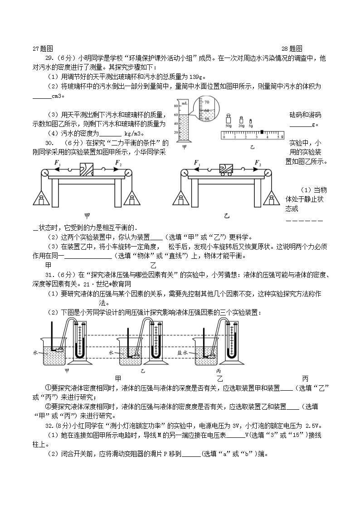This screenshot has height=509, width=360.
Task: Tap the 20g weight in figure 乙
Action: pos(240,120)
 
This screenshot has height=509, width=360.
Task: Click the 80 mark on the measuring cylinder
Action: pos(175,105)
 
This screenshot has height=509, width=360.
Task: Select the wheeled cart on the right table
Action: pos(225,170)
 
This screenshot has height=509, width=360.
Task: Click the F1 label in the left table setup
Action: pos(57,163)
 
